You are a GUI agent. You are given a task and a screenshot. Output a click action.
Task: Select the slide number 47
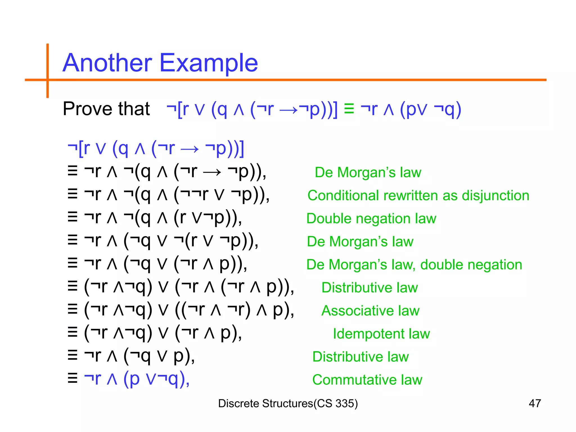(535, 403)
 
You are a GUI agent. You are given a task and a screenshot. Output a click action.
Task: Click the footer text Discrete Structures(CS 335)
(288, 403)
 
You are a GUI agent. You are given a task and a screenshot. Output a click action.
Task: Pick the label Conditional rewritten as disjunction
(418, 195)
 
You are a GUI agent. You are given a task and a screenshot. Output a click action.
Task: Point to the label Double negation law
(371, 219)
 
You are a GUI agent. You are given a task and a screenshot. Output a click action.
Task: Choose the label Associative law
(370, 311)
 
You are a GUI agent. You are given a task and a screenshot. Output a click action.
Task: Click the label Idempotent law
(381, 334)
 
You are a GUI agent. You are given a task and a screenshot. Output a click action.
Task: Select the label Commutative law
(367, 380)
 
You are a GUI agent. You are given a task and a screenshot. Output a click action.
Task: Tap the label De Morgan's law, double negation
(414, 265)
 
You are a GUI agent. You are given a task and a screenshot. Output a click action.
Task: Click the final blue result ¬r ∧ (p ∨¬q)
(137, 379)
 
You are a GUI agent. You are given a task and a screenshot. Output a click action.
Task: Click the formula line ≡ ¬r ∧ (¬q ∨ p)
(131, 356)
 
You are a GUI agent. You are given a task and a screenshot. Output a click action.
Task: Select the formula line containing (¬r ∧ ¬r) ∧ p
(181, 310)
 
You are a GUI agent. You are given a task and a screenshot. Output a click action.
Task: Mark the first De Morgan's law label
(368, 172)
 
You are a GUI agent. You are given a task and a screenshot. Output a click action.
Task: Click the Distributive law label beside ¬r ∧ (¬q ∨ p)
(360, 357)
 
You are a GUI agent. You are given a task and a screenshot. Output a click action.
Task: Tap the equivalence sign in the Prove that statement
(349, 109)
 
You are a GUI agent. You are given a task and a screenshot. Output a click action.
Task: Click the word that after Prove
(134, 109)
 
